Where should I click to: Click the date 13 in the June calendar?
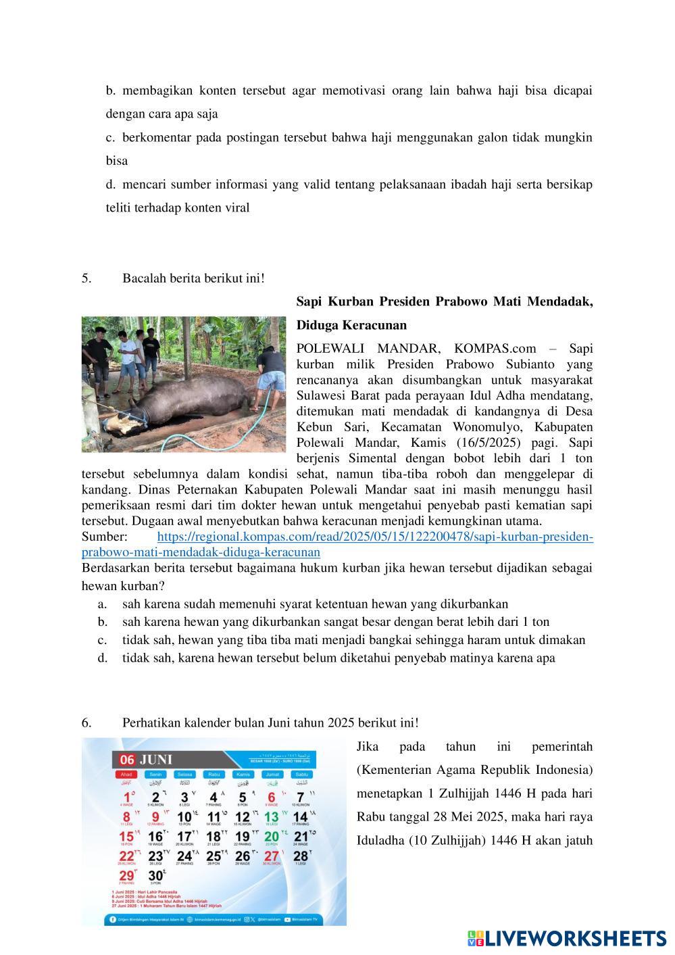point(270,816)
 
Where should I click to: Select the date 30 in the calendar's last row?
point(155,875)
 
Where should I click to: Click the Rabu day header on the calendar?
point(214,774)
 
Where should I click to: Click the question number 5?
point(86,278)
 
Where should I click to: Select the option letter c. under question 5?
point(102,639)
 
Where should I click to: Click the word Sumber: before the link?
point(104,537)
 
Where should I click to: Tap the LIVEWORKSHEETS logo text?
point(574,937)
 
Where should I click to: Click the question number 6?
point(86,723)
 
